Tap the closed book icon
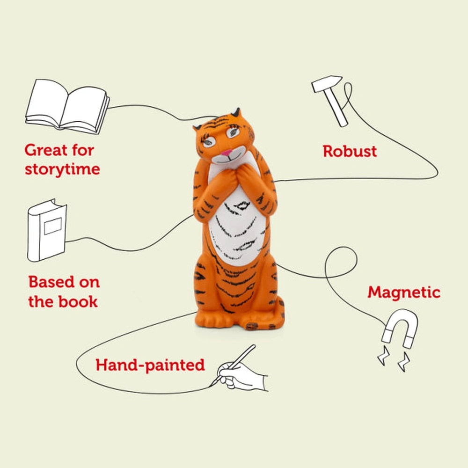47,230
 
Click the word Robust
350,151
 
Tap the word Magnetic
403,292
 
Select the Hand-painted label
150,365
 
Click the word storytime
62,169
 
